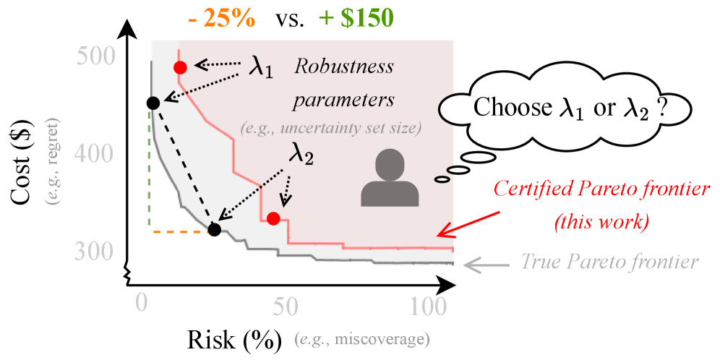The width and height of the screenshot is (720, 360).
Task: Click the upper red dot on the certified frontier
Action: [181, 67]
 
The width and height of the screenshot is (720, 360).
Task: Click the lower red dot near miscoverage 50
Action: [273, 218]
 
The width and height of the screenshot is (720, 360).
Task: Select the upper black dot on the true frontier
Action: [153, 103]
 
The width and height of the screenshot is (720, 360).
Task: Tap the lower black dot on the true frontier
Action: [214, 230]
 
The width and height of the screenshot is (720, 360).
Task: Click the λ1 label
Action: [262, 67]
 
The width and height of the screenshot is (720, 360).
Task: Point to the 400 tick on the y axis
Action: [95, 153]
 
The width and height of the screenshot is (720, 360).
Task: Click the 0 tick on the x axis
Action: [142, 305]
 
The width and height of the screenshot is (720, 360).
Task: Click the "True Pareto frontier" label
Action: [609, 261]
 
